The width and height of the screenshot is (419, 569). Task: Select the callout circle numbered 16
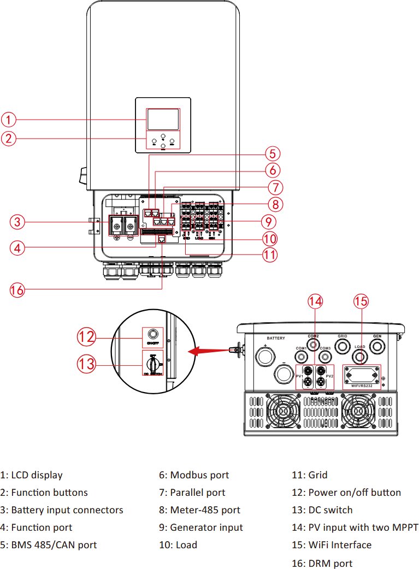point(17,290)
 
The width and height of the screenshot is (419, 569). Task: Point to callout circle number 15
point(361,300)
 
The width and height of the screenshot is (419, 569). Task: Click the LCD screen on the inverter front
point(162,119)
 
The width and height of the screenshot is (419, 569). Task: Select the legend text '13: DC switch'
point(322,510)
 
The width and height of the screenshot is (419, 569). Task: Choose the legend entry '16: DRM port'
point(322,563)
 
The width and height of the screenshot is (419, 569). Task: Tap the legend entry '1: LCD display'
point(32,475)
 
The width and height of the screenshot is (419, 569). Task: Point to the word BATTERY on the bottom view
point(276,338)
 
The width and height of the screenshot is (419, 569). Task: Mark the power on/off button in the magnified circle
point(153,334)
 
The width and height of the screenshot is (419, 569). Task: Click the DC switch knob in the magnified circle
point(153,363)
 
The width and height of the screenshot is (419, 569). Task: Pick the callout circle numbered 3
point(17,222)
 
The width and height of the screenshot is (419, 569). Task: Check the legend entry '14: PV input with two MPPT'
point(355,527)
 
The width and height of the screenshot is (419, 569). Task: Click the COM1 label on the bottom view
point(301,348)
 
